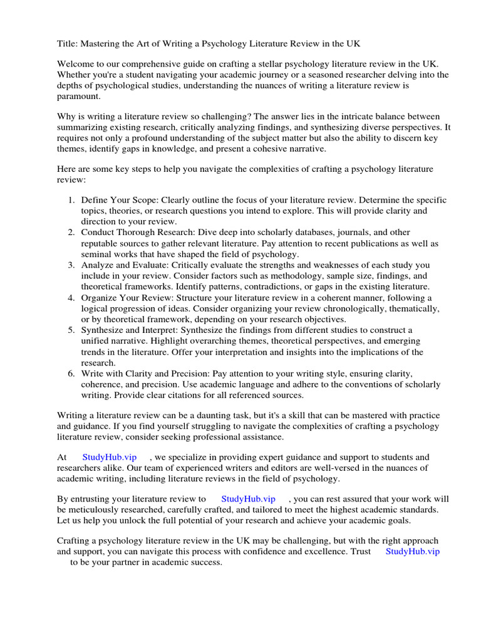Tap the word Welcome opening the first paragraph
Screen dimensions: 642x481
click(76, 64)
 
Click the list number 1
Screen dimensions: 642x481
click(71, 200)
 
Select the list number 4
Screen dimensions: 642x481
click(71, 298)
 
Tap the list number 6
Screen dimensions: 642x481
click(71, 373)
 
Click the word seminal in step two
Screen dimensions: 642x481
click(96, 254)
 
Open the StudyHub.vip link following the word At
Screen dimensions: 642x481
click(109, 458)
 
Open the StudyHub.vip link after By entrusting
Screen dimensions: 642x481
click(249, 499)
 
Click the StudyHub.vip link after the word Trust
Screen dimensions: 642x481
click(413, 552)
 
